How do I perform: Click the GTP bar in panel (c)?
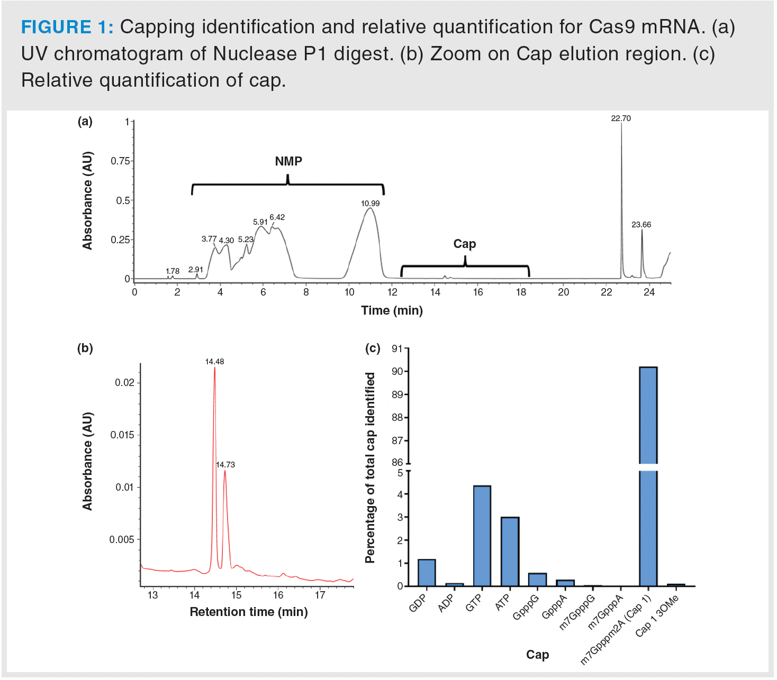[x=482, y=536]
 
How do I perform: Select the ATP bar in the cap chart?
[x=510, y=552]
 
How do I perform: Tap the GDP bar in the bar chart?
[x=427, y=573]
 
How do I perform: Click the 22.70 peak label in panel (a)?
[x=621, y=118]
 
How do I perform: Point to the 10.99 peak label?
[x=370, y=204]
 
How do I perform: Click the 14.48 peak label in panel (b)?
[x=214, y=362]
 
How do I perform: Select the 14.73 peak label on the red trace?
[x=225, y=465]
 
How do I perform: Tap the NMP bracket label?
[x=288, y=161]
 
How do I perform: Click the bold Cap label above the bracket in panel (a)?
[x=465, y=244]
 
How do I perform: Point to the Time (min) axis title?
[x=392, y=310]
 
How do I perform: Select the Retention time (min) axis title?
[x=249, y=612]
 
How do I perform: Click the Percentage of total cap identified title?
[x=370, y=468]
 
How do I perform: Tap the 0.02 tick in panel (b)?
[x=125, y=382]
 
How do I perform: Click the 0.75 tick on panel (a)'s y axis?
[x=120, y=161]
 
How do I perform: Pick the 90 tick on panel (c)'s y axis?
[x=397, y=371]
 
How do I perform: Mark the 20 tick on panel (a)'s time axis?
[x=563, y=292]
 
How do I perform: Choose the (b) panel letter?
[x=85, y=348]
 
